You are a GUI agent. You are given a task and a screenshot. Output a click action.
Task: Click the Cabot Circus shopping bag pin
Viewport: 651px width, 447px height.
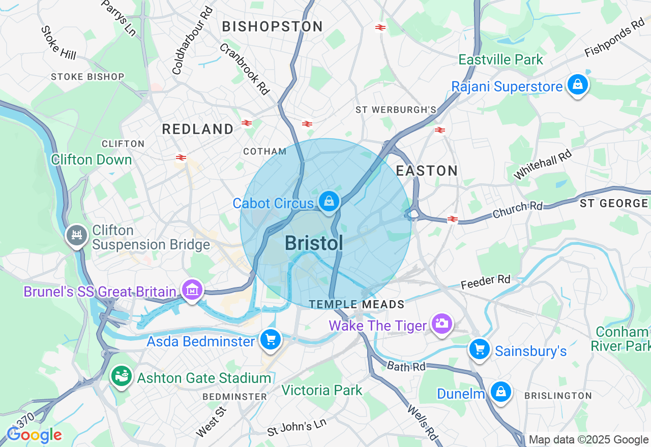[x=330, y=202]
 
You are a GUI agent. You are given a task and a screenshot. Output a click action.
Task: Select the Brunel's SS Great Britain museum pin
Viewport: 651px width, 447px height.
[x=192, y=290]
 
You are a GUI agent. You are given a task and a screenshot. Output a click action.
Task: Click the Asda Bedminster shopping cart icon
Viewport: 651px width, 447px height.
[x=270, y=339]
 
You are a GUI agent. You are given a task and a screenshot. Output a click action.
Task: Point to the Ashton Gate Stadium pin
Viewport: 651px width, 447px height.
[x=122, y=376]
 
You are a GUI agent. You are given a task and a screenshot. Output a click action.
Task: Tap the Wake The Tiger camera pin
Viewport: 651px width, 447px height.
[x=441, y=324]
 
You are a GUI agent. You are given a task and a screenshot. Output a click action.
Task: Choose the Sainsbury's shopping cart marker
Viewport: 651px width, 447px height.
[x=479, y=349]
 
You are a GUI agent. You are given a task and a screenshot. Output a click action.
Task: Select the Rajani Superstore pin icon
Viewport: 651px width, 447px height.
[x=578, y=85]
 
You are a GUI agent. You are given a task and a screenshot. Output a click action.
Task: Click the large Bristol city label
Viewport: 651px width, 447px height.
[x=314, y=243]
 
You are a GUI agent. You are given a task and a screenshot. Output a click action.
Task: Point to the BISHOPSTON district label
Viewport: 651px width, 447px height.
[x=273, y=26]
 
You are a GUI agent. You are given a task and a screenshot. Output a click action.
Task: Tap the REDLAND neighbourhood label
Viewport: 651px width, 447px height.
[x=198, y=129]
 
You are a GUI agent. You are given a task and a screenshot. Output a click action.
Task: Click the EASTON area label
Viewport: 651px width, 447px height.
[x=427, y=171]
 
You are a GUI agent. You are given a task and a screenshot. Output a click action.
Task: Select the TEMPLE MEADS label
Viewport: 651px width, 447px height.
[x=357, y=304]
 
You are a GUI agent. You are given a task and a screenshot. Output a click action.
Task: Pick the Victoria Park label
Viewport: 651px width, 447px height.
[x=322, y=390]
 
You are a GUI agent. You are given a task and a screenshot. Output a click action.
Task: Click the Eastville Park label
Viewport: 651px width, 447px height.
[x=501, y=59]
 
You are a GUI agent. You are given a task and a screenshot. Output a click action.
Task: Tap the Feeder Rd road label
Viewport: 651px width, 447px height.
[x=485, y=280]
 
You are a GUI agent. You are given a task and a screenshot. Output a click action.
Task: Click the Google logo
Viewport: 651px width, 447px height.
[x=34, y=435]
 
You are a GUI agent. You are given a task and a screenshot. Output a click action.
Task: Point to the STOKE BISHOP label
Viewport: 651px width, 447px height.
[x=87, y=77]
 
